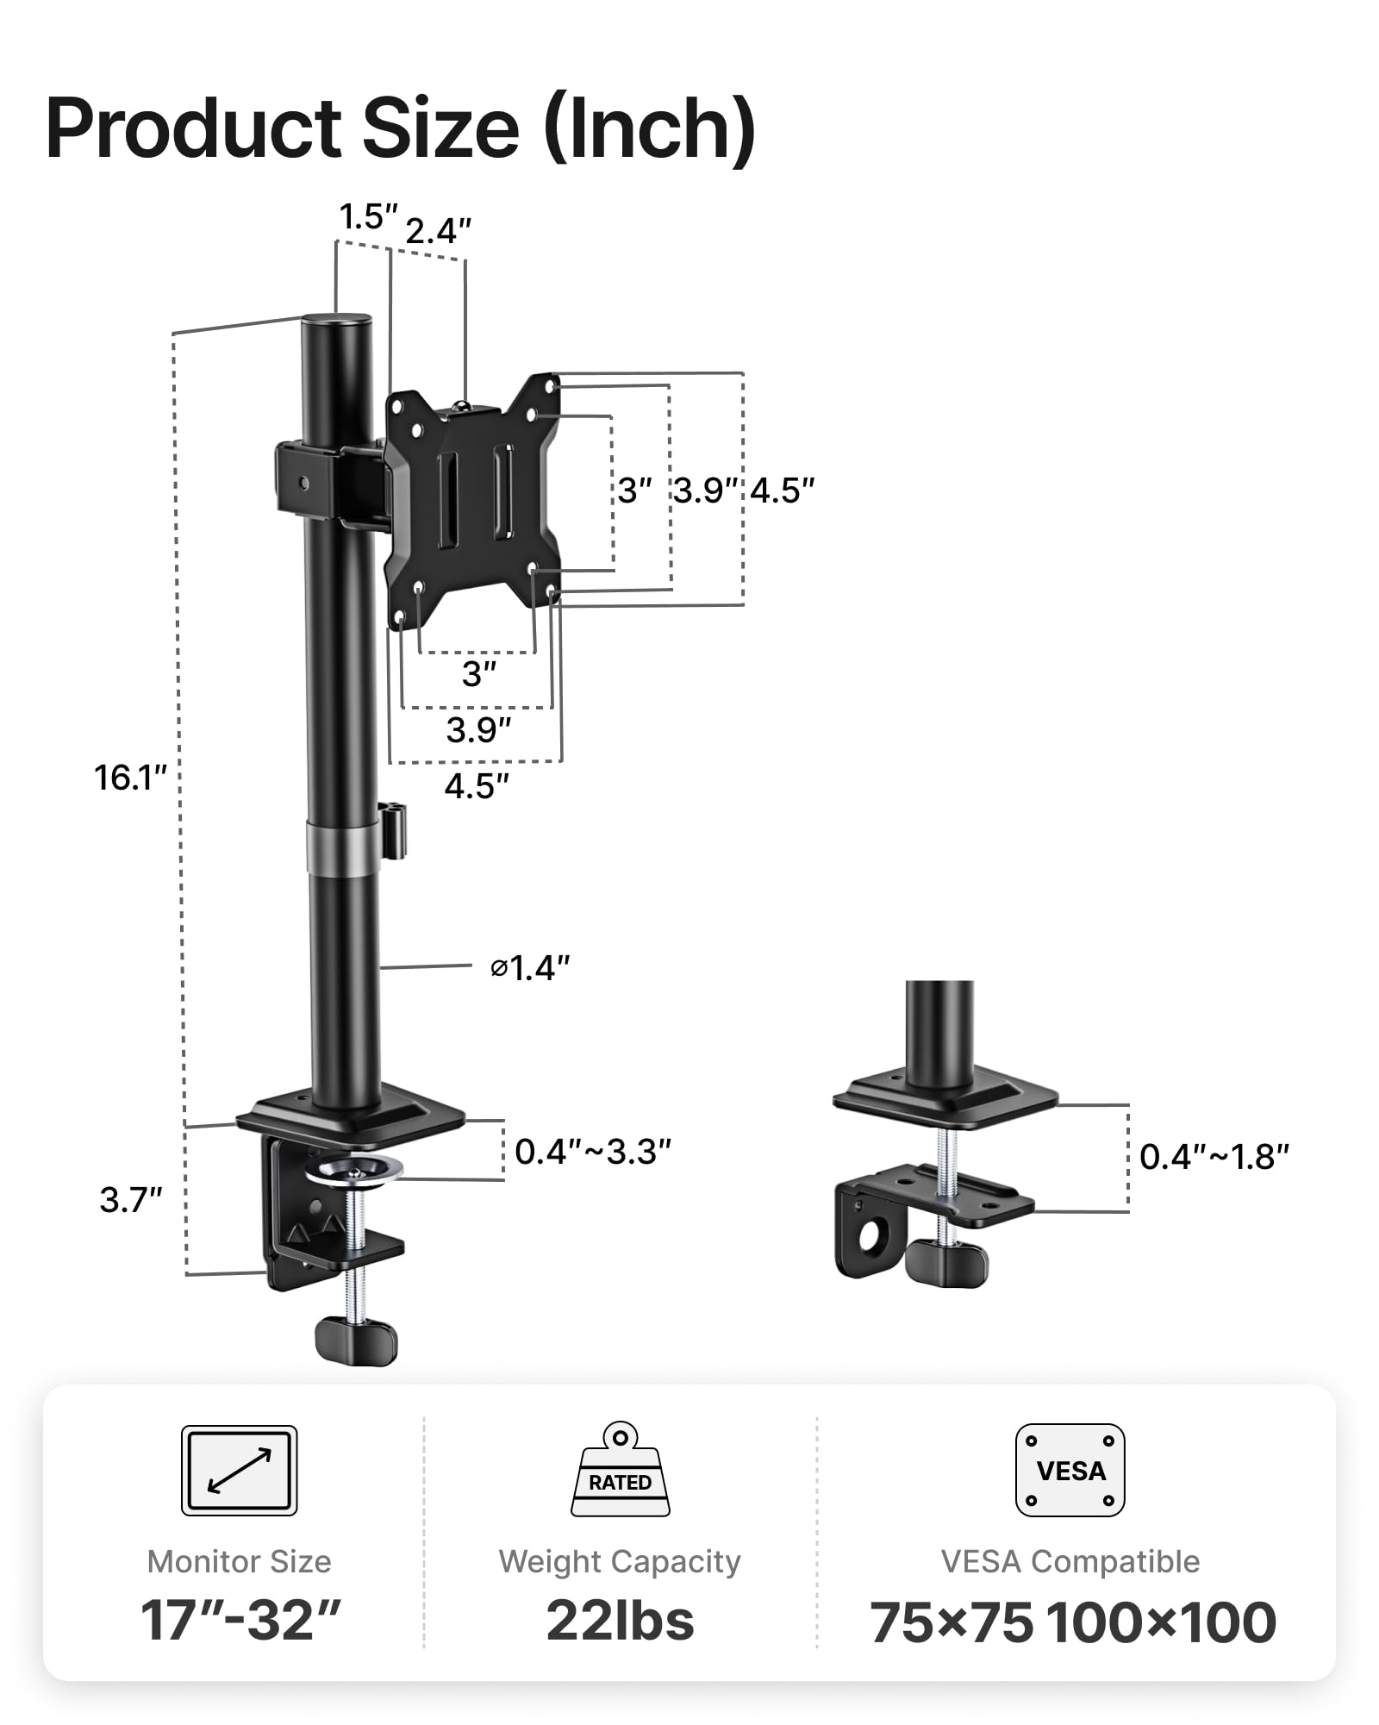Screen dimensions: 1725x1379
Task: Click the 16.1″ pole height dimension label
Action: pyautogui.click(x=129, y=778)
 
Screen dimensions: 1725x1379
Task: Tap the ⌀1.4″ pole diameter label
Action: pyautogui.click(x=530, y=968)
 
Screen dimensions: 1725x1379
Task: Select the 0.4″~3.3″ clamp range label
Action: pyautogui.click(x=592, y=1152)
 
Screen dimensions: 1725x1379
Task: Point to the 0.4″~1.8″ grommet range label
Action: pyautogui.click(x=1214, y=1157)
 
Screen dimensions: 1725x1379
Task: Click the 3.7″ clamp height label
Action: pyautogui.click(x=130, y=1200)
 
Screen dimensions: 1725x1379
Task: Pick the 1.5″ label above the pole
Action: pyautogui.click(x=368, y=217)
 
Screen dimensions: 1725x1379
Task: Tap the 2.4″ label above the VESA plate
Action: pyautogui.click(x=438, y=231)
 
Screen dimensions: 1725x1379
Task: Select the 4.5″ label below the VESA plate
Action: pyautogui.click(x=477, y=786)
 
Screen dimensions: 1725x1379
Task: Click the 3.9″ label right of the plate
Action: pyautogui.click(x=705, y=491)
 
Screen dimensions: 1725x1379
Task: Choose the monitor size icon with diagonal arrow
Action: pyautogui.click(x=239, y=1470)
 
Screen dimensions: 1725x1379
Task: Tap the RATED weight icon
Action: pyautogui.click(x=620, y=1472)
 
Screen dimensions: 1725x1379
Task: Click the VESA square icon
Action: pyautogui.click(x=1070, y=1470)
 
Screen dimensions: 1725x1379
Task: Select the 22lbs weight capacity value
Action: pyautogui.click(x=620, y=1621)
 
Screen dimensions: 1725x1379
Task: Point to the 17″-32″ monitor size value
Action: pyautogui.click(x=240, y=1621)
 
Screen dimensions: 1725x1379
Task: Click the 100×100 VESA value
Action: pyautogui.click(x=1161, y=1622)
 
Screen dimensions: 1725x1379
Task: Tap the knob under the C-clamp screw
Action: pyautogui.click(x=356, y=1339)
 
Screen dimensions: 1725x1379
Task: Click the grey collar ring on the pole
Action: pyautogui.click(x=343, y=847)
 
